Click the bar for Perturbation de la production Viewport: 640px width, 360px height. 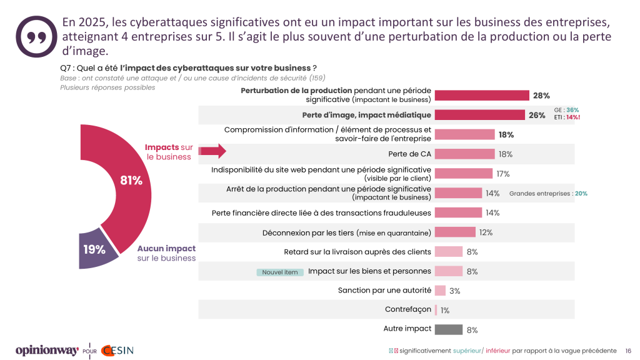point(482,96)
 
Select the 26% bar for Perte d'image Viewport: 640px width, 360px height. point(479,115)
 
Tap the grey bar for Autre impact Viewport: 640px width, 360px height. point(448,329)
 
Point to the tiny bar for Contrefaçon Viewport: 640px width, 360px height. point(436,310)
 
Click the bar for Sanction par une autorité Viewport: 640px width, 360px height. point(440,291)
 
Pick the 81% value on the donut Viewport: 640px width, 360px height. point(131,181)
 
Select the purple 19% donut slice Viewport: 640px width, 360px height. point(97,250)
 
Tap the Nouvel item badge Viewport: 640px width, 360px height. point(280,272)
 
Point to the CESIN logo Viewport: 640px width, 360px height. point(117,350)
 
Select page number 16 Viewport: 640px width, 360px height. point(628,351)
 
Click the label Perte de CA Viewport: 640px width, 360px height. point(409,154)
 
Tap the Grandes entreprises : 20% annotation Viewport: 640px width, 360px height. point(548,194)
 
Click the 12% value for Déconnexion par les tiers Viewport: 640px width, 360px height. point(486,232)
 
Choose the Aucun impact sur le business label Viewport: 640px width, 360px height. point(166,253)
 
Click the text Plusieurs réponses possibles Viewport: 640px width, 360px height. point(107,87)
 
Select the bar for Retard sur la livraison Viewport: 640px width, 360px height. point(448,252)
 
